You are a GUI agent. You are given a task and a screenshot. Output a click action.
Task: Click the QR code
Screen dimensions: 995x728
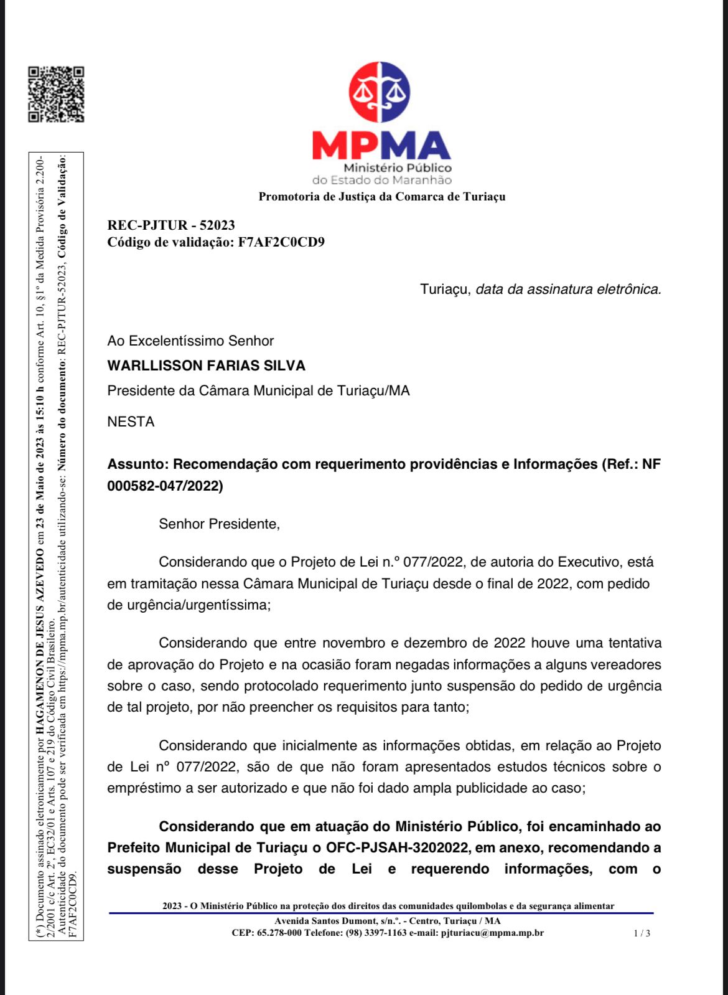[56, 94]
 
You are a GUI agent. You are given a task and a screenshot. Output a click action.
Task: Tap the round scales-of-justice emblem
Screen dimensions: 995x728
[380, 93]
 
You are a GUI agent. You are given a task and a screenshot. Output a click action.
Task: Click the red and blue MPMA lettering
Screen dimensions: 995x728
[381, 146]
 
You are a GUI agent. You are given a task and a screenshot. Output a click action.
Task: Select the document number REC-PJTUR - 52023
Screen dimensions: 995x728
[171, 225]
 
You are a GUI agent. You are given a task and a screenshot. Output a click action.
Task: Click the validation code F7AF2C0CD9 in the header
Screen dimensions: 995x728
[281, 242]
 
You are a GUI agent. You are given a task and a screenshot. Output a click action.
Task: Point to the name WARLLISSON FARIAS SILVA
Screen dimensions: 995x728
[207, 366]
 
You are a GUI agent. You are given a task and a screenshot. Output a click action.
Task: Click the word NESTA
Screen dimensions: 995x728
[131, 422]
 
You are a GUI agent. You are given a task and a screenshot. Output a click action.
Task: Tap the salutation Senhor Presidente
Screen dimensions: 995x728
[219, 524]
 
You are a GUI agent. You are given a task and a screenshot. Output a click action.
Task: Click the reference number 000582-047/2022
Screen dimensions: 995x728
[165, 486]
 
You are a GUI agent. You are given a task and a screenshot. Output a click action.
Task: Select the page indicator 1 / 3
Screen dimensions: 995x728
[642, 933]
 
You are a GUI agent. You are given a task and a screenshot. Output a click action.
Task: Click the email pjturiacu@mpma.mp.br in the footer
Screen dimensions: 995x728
[492, 933]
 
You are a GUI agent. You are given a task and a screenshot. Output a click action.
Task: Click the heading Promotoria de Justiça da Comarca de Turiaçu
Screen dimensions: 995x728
[382, 197]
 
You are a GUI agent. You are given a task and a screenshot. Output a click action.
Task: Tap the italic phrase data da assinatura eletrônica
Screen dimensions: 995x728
[568, 290]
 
